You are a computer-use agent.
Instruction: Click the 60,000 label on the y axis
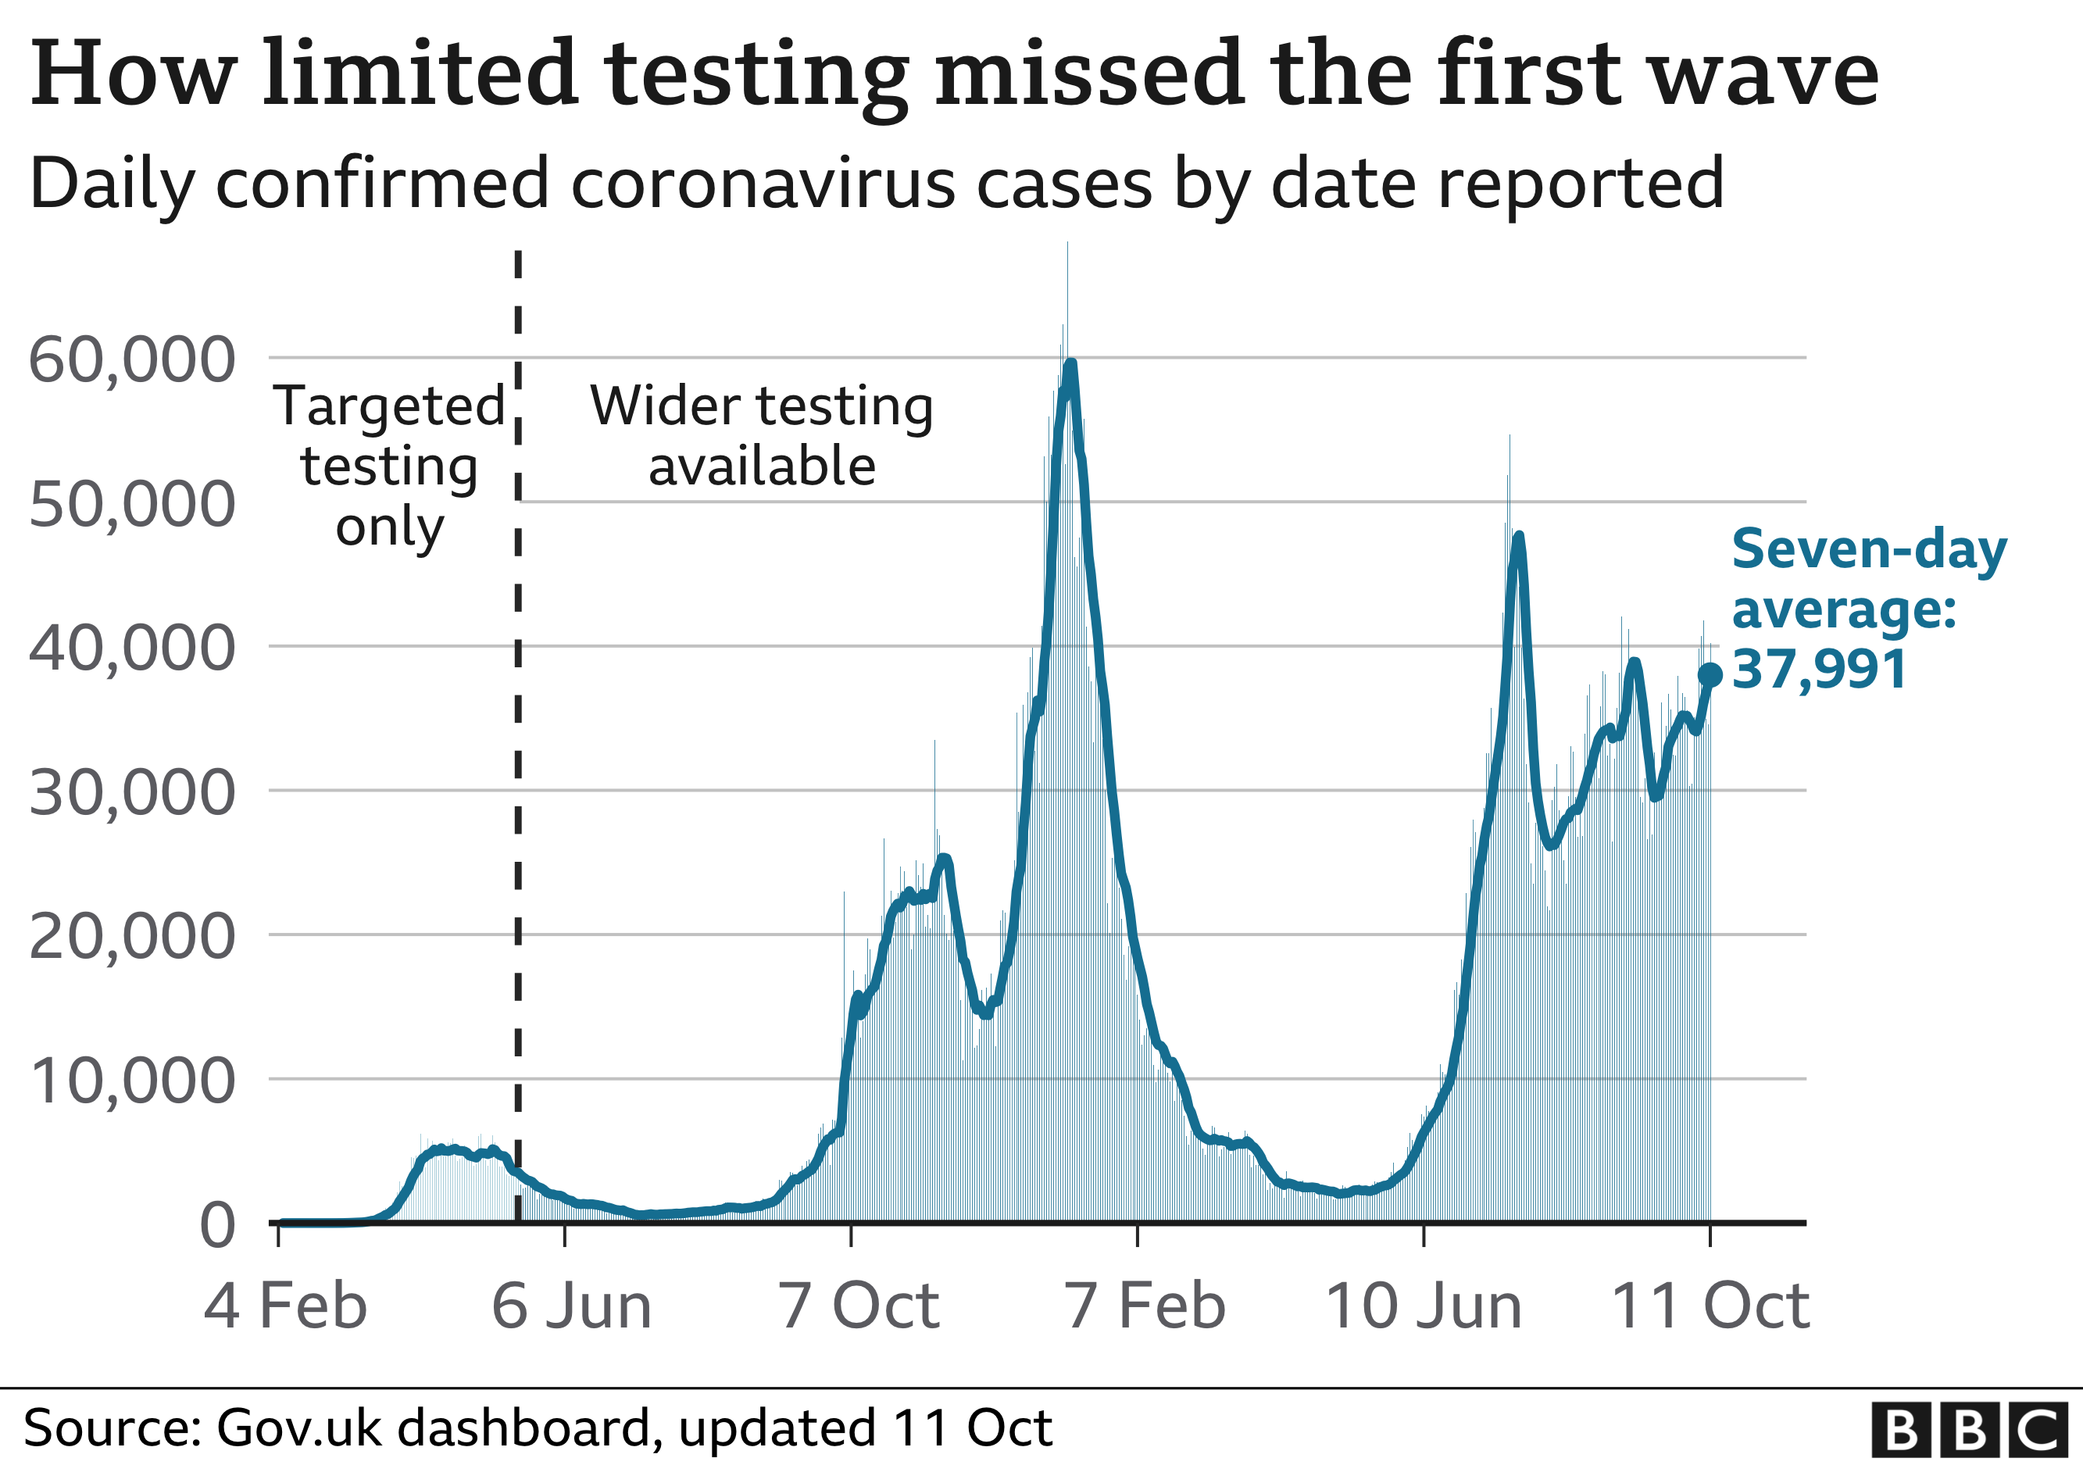click(131, 360)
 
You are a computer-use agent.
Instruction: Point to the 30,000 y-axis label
click(131, 793)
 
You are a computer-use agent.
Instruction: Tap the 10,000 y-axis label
click(131, 1081)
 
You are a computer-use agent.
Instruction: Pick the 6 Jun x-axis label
click(572, 1306)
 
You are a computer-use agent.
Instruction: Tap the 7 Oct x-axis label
click(858, 1306)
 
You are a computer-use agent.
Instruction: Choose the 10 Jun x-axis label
click(1424, 1306)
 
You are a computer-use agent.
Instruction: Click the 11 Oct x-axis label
click(1710, 1306)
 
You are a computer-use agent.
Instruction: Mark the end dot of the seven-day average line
click(1710, 674)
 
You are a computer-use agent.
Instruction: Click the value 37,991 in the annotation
click(1819, 670)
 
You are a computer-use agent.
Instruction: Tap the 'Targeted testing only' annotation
click(389, 466)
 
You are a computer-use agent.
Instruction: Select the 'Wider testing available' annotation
click(761, 435)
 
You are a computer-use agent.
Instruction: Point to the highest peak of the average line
click(1071, 365)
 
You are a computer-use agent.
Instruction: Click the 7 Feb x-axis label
click(1145, 1306)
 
